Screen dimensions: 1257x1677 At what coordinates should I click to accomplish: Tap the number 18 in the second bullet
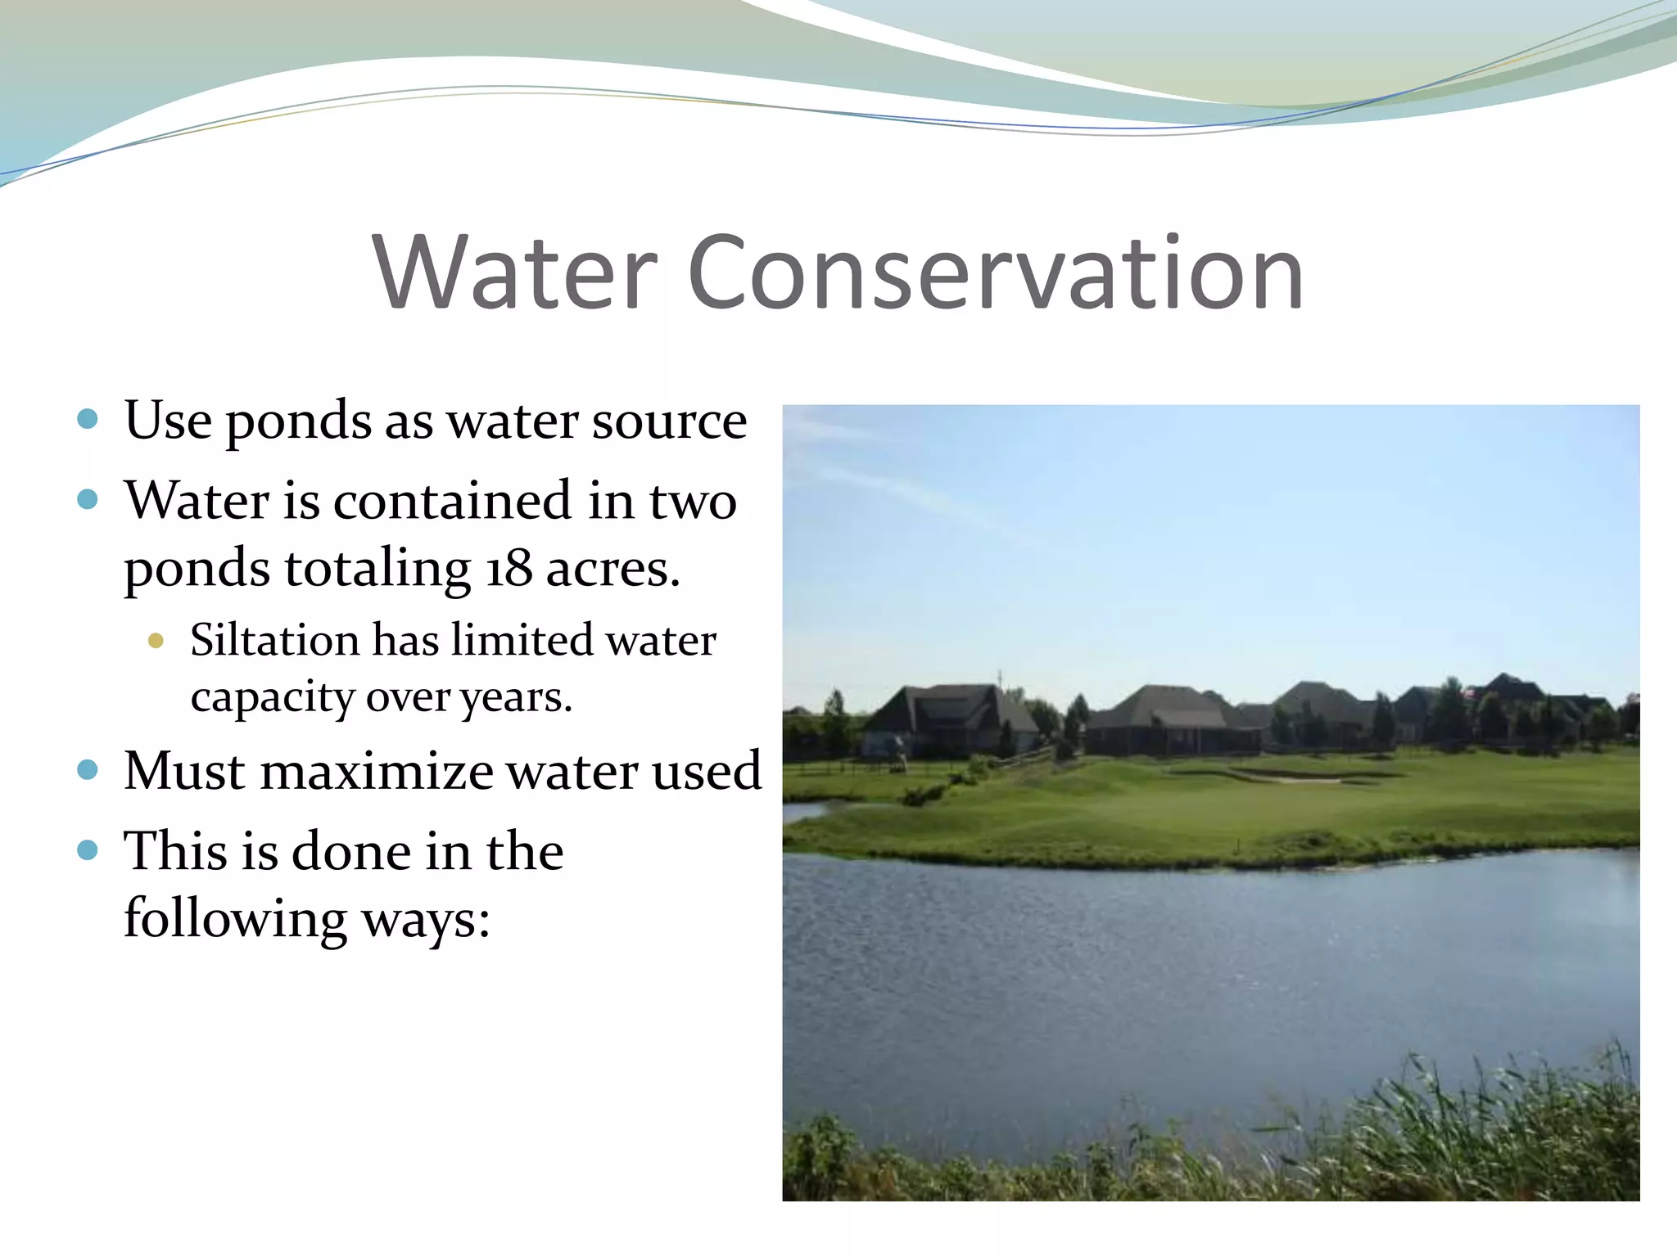[509, 569]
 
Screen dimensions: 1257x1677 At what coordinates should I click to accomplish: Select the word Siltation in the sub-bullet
[274, 640]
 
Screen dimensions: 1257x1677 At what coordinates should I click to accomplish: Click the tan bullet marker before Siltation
[156, 641]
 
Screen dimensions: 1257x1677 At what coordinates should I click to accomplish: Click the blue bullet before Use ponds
[88, 420]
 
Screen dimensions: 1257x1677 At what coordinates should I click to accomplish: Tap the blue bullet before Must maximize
[88, 770]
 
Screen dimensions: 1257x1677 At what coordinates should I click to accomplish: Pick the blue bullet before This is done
[88, 850]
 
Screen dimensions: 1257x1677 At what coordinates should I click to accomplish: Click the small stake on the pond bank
[1238, 841]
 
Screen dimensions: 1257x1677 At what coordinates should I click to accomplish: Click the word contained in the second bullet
[452, 501]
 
